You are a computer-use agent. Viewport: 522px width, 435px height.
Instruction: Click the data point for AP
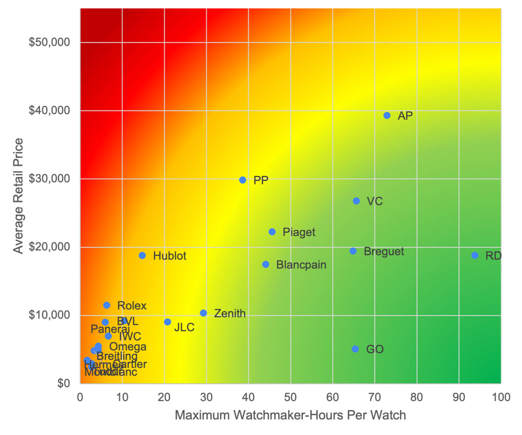(x=387, y=115)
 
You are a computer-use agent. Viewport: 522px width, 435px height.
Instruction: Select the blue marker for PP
(x=242, y=180)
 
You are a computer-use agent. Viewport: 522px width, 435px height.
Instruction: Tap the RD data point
(x=475, y=255)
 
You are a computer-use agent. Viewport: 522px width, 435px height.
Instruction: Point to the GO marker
(x=355, y=349)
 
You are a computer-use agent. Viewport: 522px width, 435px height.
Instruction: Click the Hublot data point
(x=142, y=255)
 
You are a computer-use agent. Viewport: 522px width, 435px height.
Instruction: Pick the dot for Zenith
(x=203, y=313)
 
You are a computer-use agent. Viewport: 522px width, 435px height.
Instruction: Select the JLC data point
(x=167, y=322)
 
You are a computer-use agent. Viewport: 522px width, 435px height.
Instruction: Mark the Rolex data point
(x=106, y=305)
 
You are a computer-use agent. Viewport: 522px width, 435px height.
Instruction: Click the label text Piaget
(x=299, y=232)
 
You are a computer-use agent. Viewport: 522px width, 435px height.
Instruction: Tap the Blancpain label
(x=301, y=265)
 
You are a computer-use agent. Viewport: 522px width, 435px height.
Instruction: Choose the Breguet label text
(x=384, y=251)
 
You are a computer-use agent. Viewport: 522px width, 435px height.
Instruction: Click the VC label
(x=375, y=201)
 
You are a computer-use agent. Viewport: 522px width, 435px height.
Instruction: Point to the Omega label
(x=127, y=347)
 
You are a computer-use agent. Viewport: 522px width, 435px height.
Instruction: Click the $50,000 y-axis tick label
(x=49, y=42)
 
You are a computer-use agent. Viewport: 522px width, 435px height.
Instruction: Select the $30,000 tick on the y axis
(x=49, y=179)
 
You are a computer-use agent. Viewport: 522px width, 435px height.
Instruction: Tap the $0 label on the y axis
(x=63, y=383)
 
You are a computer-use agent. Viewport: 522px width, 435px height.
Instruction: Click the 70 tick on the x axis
(x=375, y=397)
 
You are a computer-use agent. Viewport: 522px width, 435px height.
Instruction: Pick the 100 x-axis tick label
(x=501, y=397)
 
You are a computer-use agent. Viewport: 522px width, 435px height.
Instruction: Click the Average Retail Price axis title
(x=18, y=196)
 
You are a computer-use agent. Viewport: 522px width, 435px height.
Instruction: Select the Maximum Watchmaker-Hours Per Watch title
(x=290, y=415)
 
